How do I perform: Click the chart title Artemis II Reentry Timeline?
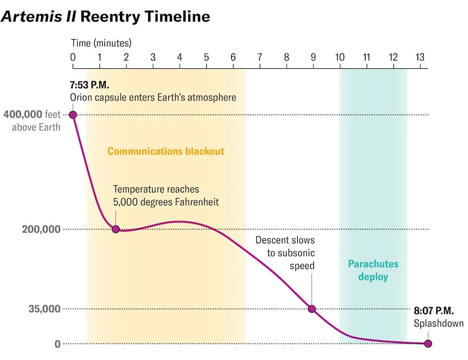click(105, 17)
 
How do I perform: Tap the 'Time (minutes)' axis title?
click(101, 43)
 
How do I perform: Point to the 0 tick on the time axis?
click(73, 58)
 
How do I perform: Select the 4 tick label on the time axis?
click(179, 58)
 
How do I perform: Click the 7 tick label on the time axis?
click(260, 58)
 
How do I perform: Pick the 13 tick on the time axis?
click(420, 58)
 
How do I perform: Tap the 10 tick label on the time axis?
click(339, 58)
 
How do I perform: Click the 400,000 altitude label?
click(22, 115)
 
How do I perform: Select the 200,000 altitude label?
click(41, 229)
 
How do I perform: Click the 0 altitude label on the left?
click(58, 344)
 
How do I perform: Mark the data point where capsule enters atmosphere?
click(73, 115)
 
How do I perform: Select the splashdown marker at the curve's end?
click(428, 343)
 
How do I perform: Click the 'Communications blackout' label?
click(166, 151)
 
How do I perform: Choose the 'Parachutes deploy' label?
click(373, 270)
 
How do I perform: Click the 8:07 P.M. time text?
click(434, 310)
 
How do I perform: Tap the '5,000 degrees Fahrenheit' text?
click(166, 201)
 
